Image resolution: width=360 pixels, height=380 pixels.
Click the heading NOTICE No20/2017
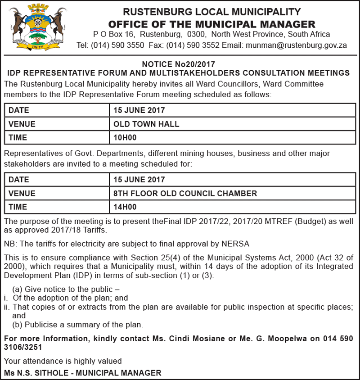coord(179,64)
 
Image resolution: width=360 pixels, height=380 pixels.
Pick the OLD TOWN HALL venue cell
coord(146,124)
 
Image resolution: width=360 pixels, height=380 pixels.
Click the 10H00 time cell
coord(125,138)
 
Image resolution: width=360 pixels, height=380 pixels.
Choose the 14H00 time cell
coord(125,207)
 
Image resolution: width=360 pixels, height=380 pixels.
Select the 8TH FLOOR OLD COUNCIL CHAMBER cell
coord(185,194)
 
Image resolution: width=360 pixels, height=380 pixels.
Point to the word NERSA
coord(235,244)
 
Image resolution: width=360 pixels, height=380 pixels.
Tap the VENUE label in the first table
coord(22,124)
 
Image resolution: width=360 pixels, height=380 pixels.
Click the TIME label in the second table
coord(18,207)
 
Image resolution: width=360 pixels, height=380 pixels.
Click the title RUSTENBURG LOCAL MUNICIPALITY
coord(211,12)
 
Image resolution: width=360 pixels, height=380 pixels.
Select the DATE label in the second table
coord(18,180)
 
